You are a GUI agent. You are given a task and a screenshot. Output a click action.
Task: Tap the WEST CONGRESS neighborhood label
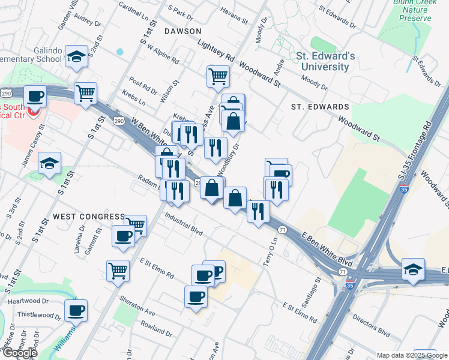88,216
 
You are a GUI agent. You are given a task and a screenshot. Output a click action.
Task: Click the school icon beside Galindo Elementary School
76,56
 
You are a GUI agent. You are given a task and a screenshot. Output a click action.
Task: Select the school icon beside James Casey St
49,163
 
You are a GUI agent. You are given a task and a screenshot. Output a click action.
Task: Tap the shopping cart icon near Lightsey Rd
218,76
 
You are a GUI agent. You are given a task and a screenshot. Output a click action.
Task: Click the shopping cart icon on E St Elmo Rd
118,270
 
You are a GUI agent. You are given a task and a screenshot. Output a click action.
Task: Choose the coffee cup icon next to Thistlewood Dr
76,310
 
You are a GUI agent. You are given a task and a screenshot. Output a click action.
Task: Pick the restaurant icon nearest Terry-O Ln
258,211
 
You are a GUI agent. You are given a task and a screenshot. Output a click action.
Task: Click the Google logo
20,353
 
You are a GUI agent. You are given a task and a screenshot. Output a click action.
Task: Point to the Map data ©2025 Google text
412,355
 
